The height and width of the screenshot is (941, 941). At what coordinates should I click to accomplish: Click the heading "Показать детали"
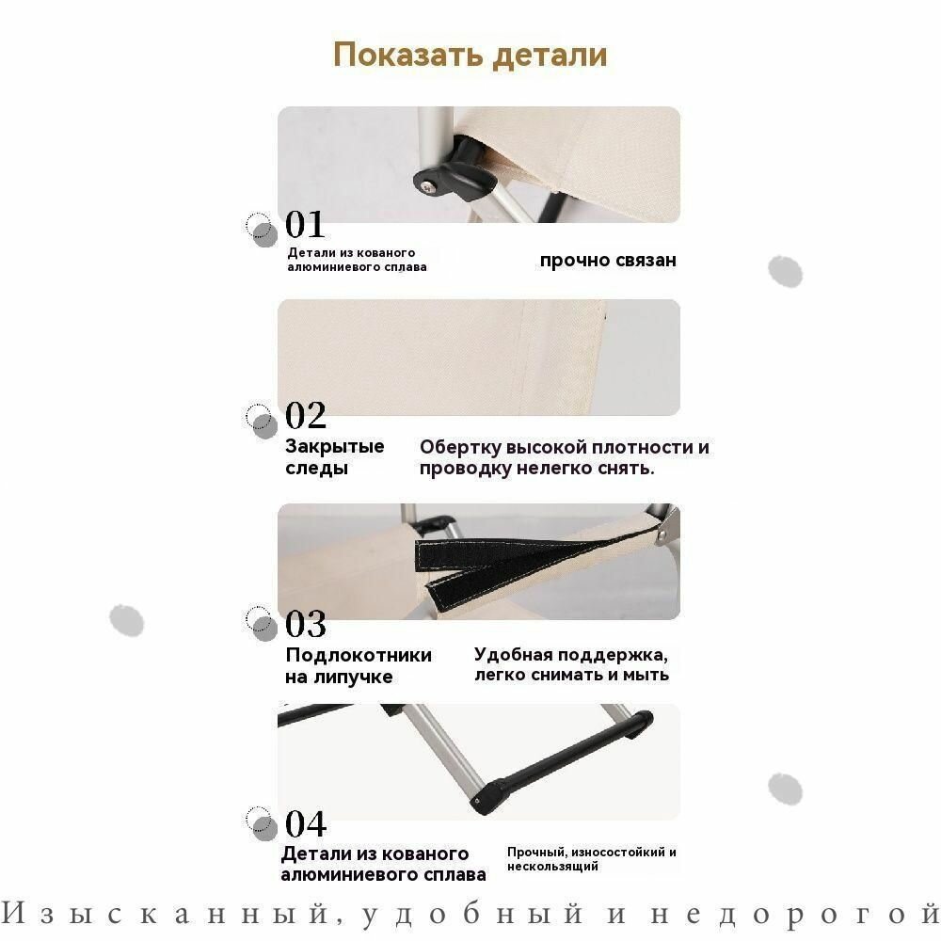(x=470, y=55)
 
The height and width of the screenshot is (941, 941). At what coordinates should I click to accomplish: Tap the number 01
(x=305, y=224)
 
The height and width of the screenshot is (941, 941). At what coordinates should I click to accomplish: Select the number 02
(x=306, y=415)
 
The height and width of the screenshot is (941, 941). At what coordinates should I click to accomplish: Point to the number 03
(x=306, y=624)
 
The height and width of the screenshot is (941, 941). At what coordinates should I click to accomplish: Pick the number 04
(x=306, y=823)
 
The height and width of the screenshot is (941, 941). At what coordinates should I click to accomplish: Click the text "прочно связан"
(x=608, y=261)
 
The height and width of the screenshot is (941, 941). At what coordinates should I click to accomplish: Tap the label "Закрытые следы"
(x=334, y=456)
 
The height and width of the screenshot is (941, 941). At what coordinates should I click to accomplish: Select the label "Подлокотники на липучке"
(x=359, y=665)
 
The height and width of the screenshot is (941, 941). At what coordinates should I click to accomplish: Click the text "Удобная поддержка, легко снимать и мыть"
(x=571, y=664)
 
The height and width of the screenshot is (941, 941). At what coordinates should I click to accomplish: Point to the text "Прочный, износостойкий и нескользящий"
(x=592, y=859)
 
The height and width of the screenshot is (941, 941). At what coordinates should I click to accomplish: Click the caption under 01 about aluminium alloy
(x=357, y=260)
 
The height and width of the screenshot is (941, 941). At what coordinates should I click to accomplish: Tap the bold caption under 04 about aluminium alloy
(x=384, y=864)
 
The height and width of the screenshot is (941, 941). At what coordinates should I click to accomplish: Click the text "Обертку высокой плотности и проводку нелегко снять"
(x=564, y=457)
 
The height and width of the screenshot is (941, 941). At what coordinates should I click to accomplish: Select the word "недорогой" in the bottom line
(x=796, y=915)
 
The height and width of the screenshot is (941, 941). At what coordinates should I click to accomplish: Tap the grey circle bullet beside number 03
(x=264, y=628)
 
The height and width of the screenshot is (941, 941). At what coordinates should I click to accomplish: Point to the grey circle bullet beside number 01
(x=264, y=234)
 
